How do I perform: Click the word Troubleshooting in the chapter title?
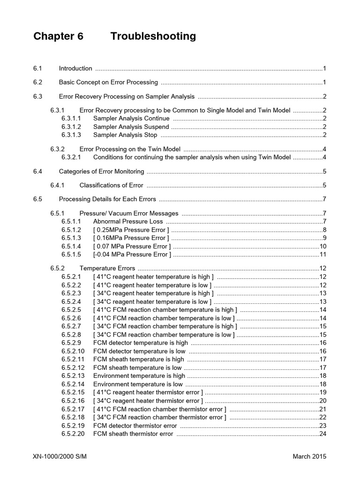[x=153, y=37]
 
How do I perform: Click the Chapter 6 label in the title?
[x=58, y=37]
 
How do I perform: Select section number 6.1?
[x=38, y=68]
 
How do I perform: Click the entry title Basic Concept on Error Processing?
[x=108, y=82]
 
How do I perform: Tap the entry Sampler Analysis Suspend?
[x=131, y=127]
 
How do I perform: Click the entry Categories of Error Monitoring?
[x=101, y=172]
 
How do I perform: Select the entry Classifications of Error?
[x=112, y=185]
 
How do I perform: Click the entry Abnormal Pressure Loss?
[x=128, y=221]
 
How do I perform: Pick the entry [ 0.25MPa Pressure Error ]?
[x=131, y=230]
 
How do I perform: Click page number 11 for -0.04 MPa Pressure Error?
[x=322, y=255]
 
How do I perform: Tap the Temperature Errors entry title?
[x=107, y=269]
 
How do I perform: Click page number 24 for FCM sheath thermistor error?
[x=322, y=434]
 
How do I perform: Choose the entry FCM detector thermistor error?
[x=135, y=426]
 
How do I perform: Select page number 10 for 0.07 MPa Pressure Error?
[x=322, y=247]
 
